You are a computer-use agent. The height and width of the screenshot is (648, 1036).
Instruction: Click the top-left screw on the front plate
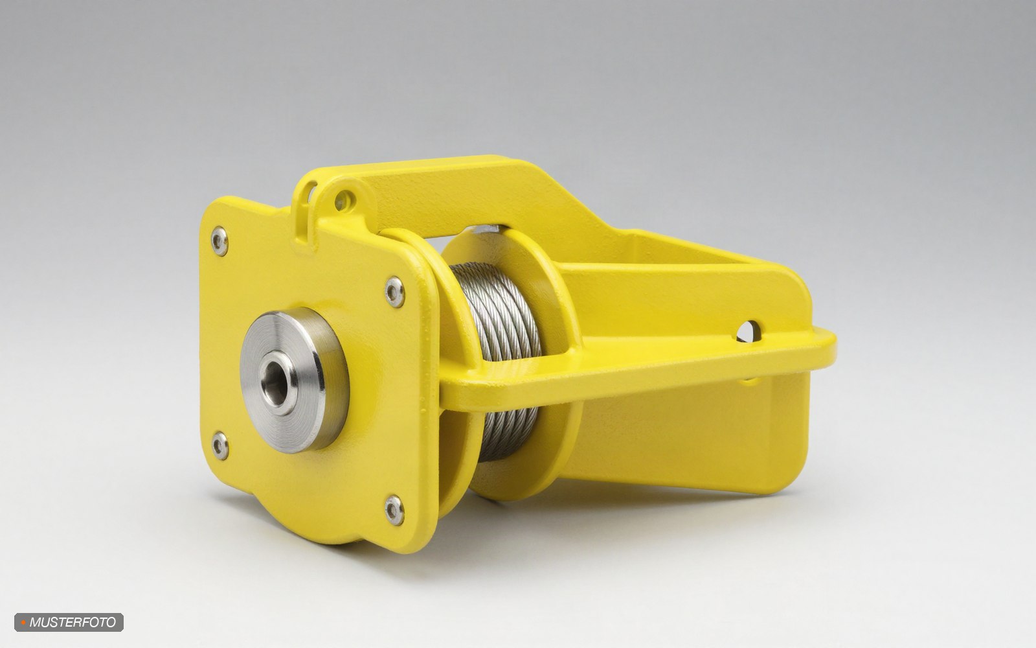(220, 241)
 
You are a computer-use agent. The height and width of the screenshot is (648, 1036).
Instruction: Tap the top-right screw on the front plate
(394, 292)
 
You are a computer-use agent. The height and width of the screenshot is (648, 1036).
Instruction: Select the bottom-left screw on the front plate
(220, 446)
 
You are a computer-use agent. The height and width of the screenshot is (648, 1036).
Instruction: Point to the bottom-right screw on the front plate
(394, 510)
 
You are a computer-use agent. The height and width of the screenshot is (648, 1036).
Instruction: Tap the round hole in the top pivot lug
(343, 200)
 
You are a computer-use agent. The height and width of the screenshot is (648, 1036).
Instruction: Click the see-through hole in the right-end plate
(748, 332)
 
